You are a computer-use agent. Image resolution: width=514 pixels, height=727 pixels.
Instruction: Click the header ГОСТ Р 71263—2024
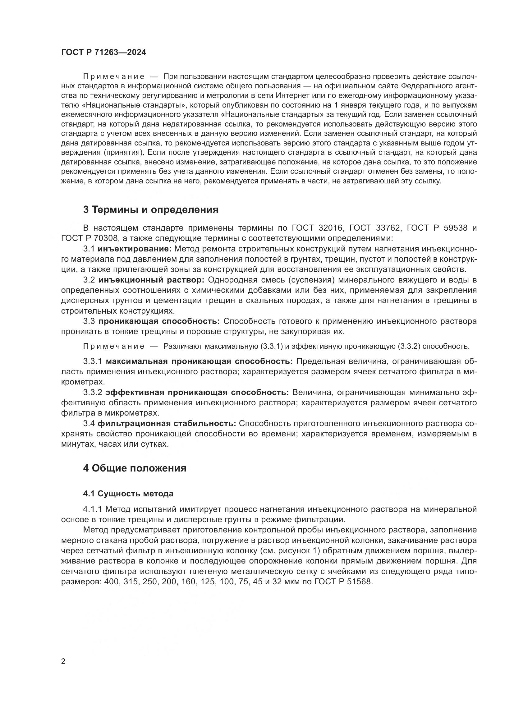(x=103, y=53)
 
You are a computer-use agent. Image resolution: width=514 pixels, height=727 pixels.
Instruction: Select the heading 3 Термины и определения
(x=151, y=209)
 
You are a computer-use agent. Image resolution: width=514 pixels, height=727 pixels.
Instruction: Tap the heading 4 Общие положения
(x=135, y=468)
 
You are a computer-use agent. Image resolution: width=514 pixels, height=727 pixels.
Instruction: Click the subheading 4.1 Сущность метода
(x=128, y=494)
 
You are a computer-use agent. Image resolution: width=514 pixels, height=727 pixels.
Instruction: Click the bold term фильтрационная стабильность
(x=167, y=423)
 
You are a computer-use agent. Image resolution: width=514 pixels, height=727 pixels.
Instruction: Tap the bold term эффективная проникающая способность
(x=197, y=392)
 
